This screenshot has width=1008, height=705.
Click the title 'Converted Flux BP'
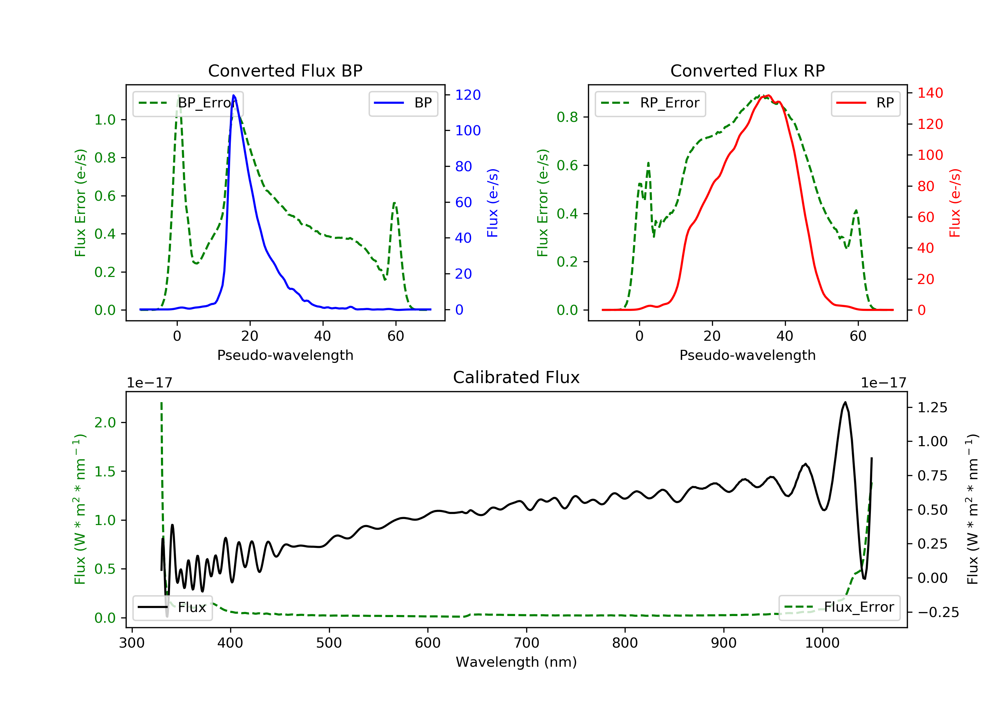(x=285, y=70)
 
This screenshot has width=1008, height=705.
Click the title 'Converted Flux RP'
(x=748, y=70)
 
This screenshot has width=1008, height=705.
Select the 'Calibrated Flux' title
(x=516, y=377)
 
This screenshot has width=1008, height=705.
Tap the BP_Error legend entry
(x=188, y=103)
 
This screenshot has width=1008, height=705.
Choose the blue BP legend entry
(x=403, y=103)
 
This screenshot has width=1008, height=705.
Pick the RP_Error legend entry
(x=650, y=103)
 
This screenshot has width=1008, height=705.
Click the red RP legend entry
(x=865, y=103)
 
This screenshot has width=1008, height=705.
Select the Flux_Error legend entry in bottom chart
(x=839, y=607)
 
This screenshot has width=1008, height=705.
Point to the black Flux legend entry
(x=173, y=607)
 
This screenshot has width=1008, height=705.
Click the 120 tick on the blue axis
(x=468, y=95)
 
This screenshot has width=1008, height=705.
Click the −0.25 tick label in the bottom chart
(x=938, y=612)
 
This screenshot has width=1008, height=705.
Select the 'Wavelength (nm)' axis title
(x=516, y=662)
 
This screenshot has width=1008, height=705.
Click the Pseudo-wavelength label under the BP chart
(x=285, y=355)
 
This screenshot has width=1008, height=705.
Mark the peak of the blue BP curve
(x=234, y=95)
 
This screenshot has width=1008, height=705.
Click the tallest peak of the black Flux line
(x=845, y=402)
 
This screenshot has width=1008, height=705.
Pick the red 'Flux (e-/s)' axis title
(x=955, y=203)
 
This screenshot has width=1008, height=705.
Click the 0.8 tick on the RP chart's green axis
(x=567, y=117)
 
